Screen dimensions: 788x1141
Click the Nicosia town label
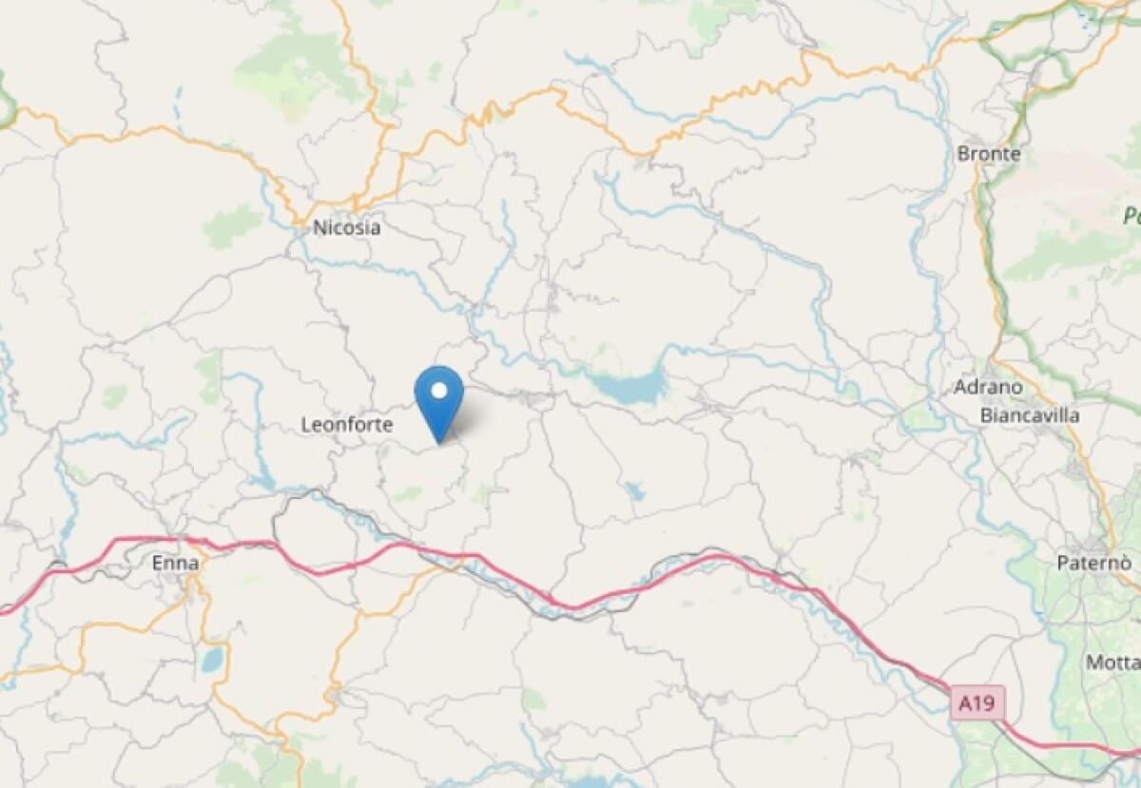pos(347,228)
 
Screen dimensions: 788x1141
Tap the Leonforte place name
pos(346,426)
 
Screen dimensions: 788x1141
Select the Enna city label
pos(176,564)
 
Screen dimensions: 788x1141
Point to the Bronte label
pos(990,153)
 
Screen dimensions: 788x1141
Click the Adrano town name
pos(989,388)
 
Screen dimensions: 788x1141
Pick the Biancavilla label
pos(1030,415)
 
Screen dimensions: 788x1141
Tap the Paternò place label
pos(1093,563)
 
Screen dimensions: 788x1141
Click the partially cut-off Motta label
pos(1112,662)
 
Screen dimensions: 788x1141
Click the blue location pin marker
pos(439,397)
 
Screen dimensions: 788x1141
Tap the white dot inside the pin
pos(439,390)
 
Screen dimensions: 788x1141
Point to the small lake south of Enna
pos(213,659)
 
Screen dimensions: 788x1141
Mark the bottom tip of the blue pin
pos(439,443)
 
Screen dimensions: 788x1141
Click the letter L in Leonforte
pos(306,426)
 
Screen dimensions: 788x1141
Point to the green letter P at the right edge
pos(1131,217)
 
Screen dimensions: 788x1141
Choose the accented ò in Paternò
pos(1124,563)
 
